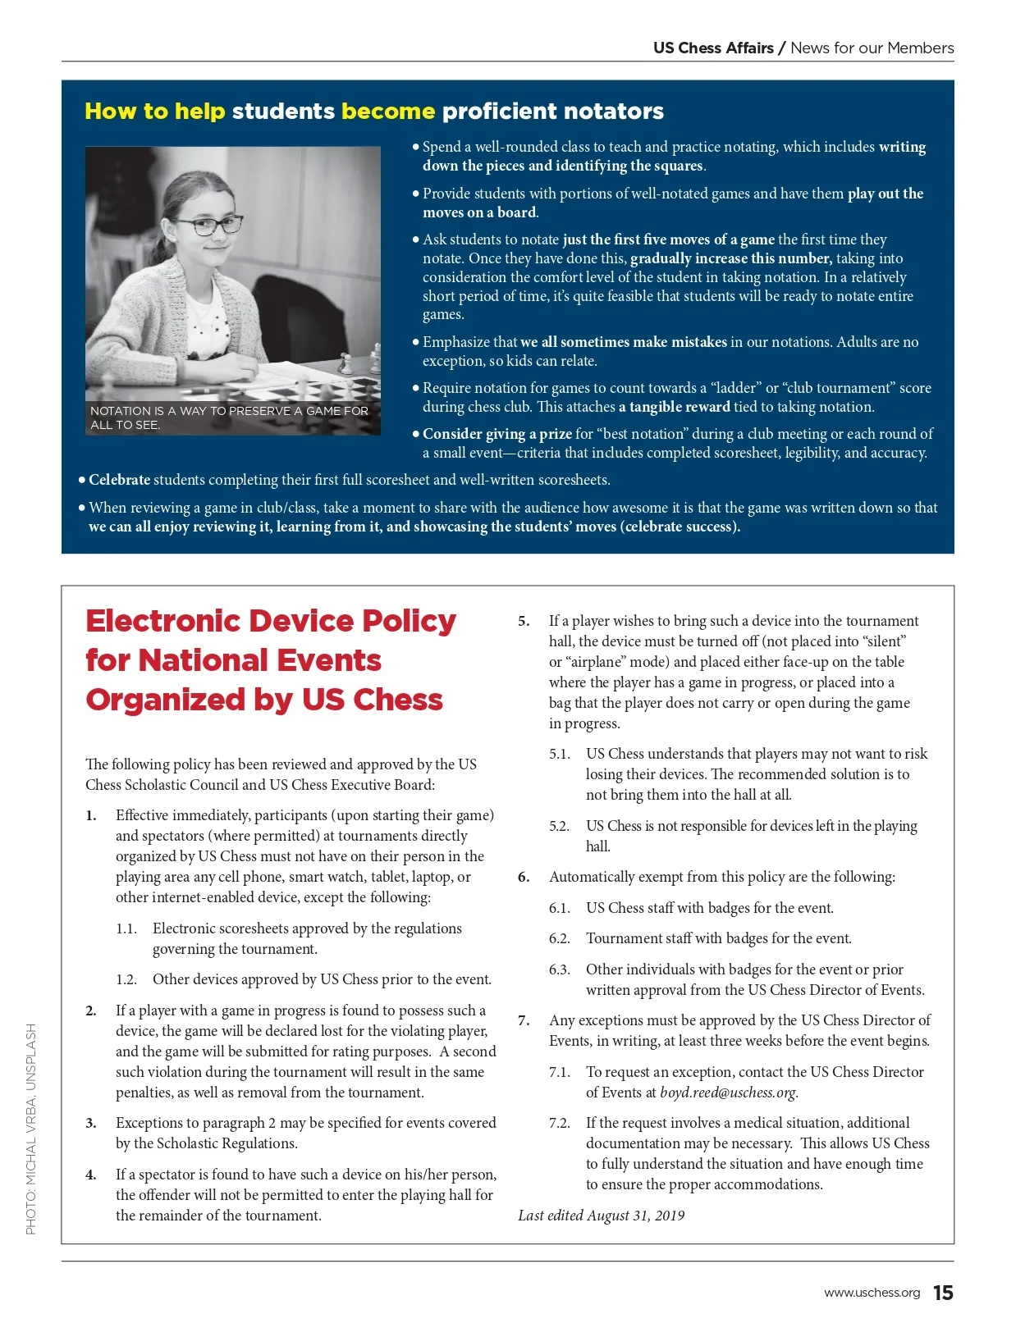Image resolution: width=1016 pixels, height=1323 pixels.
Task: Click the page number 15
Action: click(x=943, y=1293)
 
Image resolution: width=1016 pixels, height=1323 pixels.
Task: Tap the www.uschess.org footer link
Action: click(x=872, y=1293)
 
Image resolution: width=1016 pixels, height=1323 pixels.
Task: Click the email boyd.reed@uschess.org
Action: click(x=728, y=1093)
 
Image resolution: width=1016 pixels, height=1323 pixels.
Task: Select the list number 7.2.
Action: click(x=559, y=1123)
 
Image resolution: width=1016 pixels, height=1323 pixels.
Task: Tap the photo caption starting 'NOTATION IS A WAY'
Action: click(x=229, y=417)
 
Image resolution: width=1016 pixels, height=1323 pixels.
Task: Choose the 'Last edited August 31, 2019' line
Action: click(x=601, y=1216)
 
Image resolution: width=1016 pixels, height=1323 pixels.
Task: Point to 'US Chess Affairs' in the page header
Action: click(x=713, y=48)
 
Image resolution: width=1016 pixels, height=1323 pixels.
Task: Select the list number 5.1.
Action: click(x=559, y=754)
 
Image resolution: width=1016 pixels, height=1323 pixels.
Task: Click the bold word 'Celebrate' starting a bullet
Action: click(x=119, y=480)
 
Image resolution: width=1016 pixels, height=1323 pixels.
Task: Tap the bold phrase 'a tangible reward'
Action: click(x=674, y=407)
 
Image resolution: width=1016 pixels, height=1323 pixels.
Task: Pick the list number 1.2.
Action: click(x=126, y=979)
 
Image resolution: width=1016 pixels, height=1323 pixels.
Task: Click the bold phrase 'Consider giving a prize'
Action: click(x=497, y=434)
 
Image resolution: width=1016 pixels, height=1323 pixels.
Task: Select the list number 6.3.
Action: click(x=559, y=969)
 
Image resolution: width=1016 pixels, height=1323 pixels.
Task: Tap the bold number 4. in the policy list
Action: click(x=91, y=1175)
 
